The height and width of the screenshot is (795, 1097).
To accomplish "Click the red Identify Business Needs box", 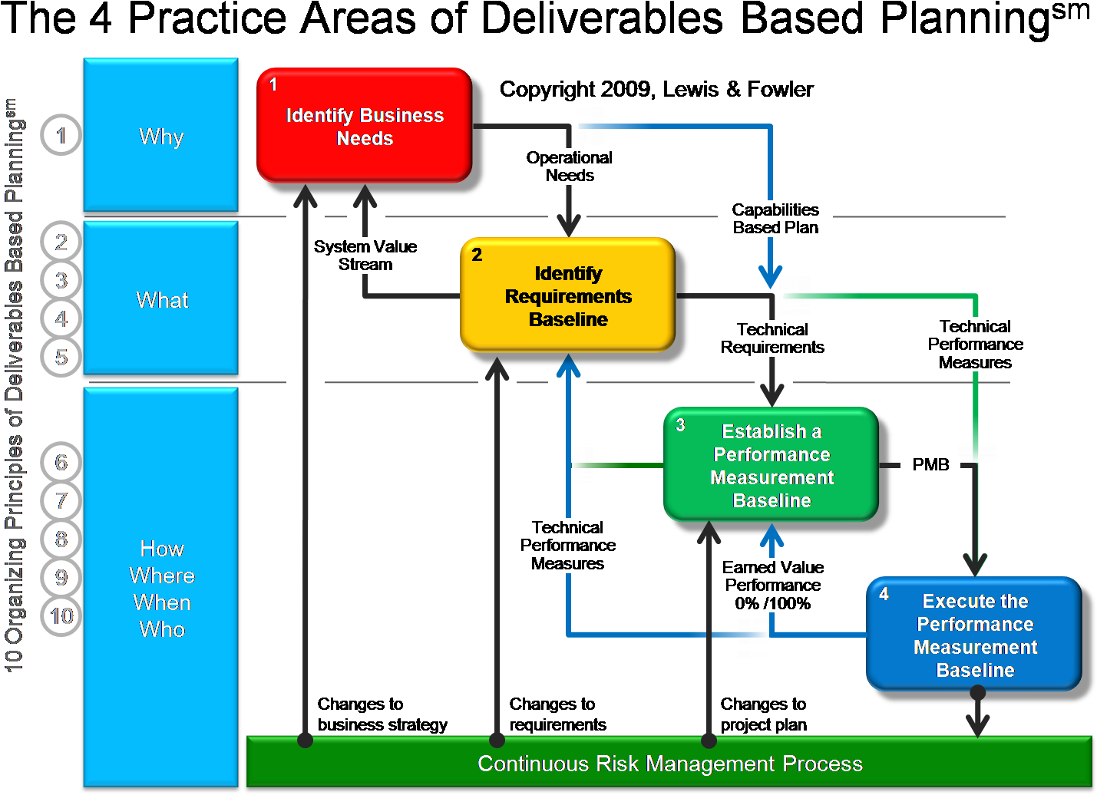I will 364,126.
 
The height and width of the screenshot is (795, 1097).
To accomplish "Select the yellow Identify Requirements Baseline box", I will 567,295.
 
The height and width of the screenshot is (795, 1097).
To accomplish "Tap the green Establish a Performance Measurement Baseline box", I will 771,465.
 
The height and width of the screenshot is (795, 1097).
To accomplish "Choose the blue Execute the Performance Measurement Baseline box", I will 973,635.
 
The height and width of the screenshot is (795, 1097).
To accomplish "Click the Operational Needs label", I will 569,167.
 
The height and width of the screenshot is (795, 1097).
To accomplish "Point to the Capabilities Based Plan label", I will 775,219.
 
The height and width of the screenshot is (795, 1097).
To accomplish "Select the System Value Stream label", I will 365,256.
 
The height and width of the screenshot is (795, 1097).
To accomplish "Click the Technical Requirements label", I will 772,338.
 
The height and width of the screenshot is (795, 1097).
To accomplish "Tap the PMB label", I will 930,465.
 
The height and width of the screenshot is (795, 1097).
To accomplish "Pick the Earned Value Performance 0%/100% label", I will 772,585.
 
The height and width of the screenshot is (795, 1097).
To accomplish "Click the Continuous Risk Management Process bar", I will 669,764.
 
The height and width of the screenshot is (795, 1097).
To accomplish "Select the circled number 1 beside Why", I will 61,135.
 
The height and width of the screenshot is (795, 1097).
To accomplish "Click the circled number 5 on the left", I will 61,357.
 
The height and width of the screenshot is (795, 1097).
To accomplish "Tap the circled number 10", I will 61,616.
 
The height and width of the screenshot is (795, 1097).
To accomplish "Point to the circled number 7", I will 61,501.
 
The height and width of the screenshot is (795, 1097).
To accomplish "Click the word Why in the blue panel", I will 161,137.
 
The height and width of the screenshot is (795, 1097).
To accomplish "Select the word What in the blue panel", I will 162,300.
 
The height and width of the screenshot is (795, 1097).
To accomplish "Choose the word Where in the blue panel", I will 162,576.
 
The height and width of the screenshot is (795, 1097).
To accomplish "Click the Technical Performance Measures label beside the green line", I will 974,345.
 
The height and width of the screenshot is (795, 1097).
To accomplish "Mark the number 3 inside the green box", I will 680,425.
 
